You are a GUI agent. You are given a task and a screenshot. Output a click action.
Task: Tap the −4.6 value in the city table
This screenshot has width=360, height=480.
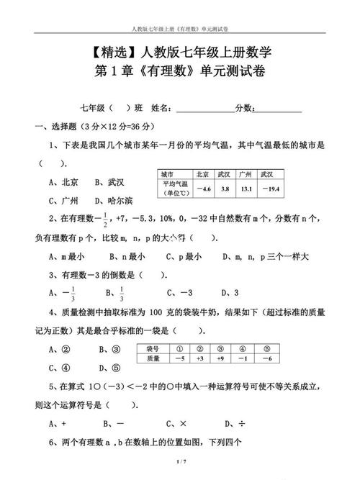(203, 189)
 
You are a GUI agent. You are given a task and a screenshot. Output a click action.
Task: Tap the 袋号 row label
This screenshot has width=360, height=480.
(152, 348)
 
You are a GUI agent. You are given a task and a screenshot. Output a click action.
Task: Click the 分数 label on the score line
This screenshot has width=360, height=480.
(245, 108)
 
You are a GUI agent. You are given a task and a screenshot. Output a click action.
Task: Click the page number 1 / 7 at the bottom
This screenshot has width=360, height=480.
(180, 461)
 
